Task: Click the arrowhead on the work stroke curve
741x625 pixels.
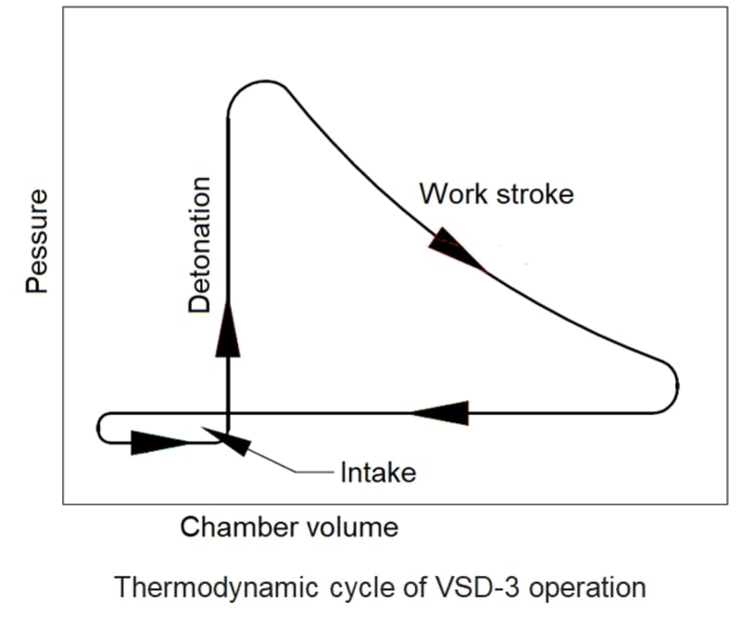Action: point(455,247)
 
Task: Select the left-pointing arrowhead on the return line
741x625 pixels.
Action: point(439,412)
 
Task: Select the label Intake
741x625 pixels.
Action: point(378,473)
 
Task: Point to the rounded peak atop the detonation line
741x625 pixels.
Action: point(254,85)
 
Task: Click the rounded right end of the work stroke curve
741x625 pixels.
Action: point(675,384)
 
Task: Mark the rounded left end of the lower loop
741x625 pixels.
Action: point(101,429)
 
